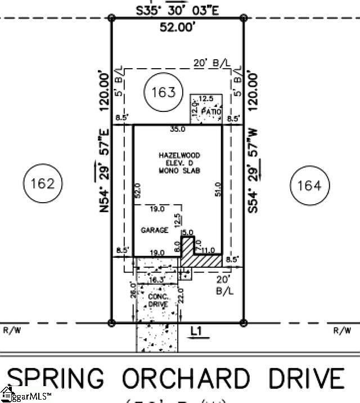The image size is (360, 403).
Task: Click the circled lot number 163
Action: point(164,92)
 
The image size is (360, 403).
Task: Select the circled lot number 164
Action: point(309,185)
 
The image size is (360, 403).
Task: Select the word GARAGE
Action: point(155,230)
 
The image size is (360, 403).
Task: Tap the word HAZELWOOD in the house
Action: point(179,155)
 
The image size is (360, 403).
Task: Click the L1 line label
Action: point(196,332)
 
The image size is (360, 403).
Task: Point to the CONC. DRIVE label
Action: point(157,299)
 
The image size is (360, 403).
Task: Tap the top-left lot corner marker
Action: point(111,18)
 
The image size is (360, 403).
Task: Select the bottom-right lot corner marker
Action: point(244,323)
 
